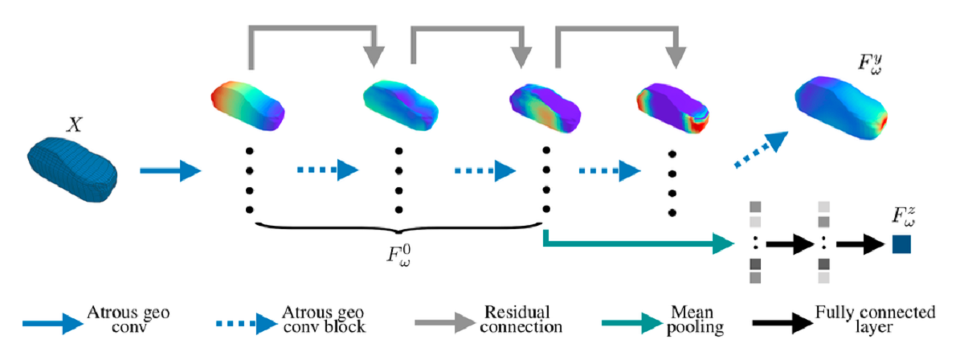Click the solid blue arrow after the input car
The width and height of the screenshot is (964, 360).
tap(170, 170)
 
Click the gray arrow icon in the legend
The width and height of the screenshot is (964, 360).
tap(446, 324)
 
